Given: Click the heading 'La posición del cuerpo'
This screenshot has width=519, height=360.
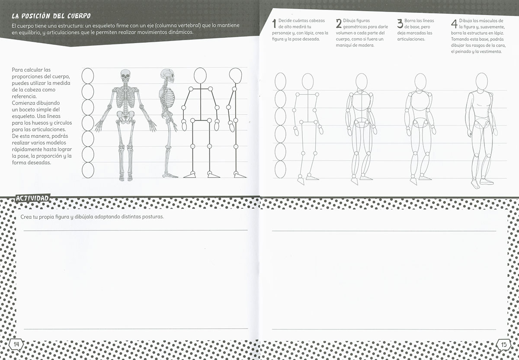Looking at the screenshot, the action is point(51,16).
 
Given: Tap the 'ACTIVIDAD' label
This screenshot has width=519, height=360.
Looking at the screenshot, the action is point(32,198).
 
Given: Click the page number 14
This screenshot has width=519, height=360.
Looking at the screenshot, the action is point(16,344).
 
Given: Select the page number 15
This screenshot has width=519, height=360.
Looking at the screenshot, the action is point(504,345).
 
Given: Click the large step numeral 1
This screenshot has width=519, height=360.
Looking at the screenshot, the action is point(274,23).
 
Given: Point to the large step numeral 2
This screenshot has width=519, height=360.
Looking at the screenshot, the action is point(339,23).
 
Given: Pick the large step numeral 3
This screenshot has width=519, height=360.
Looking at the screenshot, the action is point(400,23).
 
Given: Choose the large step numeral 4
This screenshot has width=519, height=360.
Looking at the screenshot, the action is point(455,23).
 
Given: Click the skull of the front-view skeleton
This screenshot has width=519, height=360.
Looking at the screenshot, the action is point(125,76).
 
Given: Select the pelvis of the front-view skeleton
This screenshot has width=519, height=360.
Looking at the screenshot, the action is point(125,116).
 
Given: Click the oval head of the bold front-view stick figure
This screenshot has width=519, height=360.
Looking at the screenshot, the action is point(200,75).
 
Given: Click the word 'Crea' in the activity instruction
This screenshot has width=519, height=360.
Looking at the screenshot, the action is point(26,217).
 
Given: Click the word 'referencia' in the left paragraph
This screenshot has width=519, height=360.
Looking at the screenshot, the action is point(24,96).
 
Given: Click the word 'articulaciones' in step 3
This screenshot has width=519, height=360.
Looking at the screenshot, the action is point(411,39).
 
